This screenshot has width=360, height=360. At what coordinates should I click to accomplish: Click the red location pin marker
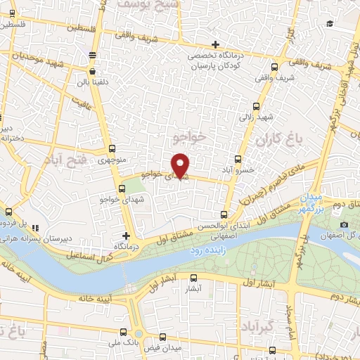181,165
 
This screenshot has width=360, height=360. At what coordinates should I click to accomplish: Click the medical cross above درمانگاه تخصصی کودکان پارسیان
217,45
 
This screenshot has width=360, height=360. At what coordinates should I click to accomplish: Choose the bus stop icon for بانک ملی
123,332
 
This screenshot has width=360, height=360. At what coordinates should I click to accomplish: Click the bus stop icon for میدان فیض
163,337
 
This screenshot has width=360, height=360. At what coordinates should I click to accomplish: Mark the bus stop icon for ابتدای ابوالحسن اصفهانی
224,214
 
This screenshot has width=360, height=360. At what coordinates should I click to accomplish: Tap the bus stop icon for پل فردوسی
8,212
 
